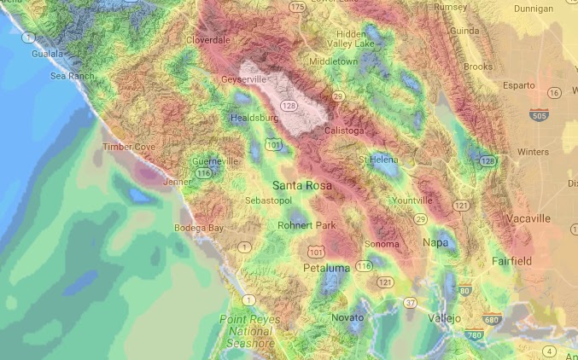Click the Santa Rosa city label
(302, 184)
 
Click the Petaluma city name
(327, 269)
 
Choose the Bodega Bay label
(199, 228)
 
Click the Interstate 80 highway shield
(465, 292)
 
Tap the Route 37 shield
(411, 303)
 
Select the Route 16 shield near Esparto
(555, 92)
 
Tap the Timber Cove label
(129, 147)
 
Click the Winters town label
(533, 152)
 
